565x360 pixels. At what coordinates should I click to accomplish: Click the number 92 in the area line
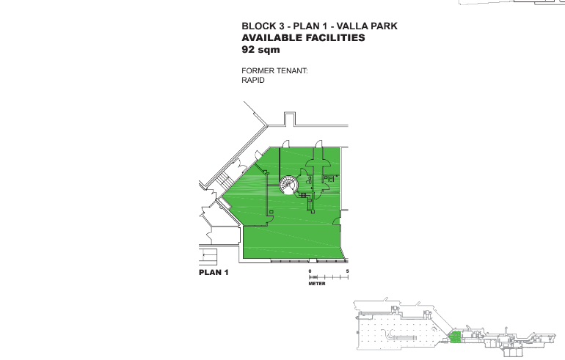(x=248, y=49)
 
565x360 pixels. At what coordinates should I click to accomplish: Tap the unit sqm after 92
(x=269, y=50)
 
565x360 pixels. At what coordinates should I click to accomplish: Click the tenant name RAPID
(x=253, y=80)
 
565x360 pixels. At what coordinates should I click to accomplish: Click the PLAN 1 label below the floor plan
(x=214, y=273)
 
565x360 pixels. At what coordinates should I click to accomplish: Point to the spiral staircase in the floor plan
(x=289, y=185)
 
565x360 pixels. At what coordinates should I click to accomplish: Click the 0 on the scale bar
(x=310, y=271)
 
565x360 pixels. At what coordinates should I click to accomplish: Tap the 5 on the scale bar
(x=347, y=271)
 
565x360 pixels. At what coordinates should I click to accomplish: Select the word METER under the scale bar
(x=317, y=284)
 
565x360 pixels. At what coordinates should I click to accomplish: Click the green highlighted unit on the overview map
(x=455, y=337)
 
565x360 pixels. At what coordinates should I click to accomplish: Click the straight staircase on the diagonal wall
(x=224, y=180)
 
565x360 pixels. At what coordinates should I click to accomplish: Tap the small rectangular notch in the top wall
(x=290, y=119)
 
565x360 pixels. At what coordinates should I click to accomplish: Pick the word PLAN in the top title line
(x=307, y=26)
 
